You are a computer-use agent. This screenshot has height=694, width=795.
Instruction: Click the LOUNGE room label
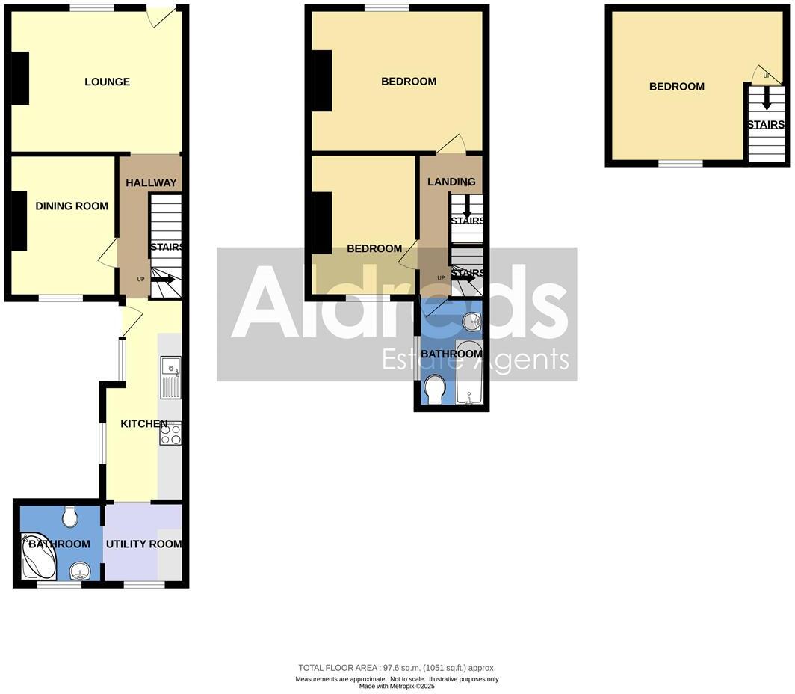tap(107, 82)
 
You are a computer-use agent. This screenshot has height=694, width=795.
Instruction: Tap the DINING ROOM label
tap(72, 206)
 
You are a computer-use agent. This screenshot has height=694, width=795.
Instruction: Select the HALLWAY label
tap(151, 182)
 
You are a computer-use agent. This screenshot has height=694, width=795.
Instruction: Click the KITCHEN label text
tap(144, 424)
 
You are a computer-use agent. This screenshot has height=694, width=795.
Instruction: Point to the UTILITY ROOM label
tap(143, 544)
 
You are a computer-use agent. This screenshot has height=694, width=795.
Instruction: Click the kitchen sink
tap(170, 377)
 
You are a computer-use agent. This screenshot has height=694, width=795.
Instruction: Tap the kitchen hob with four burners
tap(170, 434)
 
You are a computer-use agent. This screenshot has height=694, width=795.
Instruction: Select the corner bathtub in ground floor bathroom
tap(38, 556)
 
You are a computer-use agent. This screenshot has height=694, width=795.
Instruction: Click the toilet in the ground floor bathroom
tap(70, 515)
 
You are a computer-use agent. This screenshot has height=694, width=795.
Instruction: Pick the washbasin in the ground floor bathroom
tap(79, 572)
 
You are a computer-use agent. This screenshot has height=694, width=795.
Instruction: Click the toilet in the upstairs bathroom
tap(434, 389)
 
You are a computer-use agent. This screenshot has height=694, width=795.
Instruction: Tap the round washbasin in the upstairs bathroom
tap(471, 322)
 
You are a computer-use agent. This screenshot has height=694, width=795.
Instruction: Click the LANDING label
tap(451, 182)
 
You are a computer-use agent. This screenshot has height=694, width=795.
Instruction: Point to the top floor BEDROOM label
tap(676, 87)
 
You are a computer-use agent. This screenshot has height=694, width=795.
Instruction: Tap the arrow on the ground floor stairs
tap(164, 280)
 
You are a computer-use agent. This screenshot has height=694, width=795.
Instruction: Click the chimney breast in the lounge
tap(20, 78)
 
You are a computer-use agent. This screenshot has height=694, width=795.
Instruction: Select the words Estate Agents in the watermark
tap(476, 360)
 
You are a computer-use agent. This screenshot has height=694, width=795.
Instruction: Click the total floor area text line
tap(397, 668)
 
